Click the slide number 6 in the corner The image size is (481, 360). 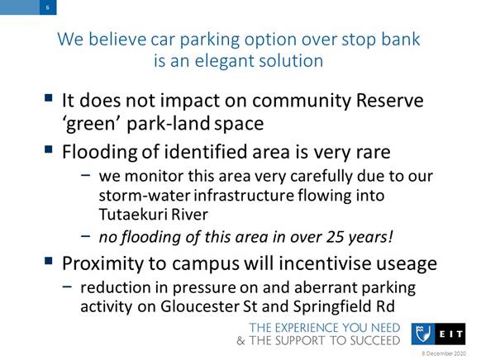point(48,7)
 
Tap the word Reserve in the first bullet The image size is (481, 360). point(389,101)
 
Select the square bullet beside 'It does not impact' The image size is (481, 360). point(48,98)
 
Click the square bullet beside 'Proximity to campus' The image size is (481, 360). point(48,261)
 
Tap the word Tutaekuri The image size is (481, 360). point(133,214)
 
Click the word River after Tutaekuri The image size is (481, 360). point(189,214)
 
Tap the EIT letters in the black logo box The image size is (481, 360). point(451,334)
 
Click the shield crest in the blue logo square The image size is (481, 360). point(422,334)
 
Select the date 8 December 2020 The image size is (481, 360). point(444,353)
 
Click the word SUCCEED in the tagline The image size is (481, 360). point(375,341)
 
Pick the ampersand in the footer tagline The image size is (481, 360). point(241,341)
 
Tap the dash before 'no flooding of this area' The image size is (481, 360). point(86,236)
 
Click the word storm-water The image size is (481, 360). point(145,196)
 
